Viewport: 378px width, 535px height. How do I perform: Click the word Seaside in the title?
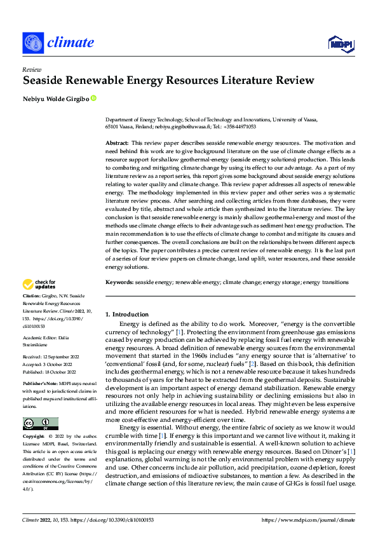pyautogui.click(x=43, y=81)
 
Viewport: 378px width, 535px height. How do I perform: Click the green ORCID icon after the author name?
pyautogui.click(x=94, y=98)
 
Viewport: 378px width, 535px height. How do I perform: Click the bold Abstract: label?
pyautogui.click(x=118, y=145)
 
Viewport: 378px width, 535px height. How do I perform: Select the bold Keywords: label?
pyautogui.click(x=120, y=281)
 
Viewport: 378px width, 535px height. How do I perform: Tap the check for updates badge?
pyautogui.click(x=39, y=284)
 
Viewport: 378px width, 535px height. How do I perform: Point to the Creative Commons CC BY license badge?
pyautogui.click(x=40, y=424)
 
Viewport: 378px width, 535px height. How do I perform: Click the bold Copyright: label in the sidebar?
pyautogui.click(x=34, y=437)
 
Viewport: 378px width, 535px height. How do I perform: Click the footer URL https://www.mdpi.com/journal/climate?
pyautogui.click(x=308, y=519)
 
